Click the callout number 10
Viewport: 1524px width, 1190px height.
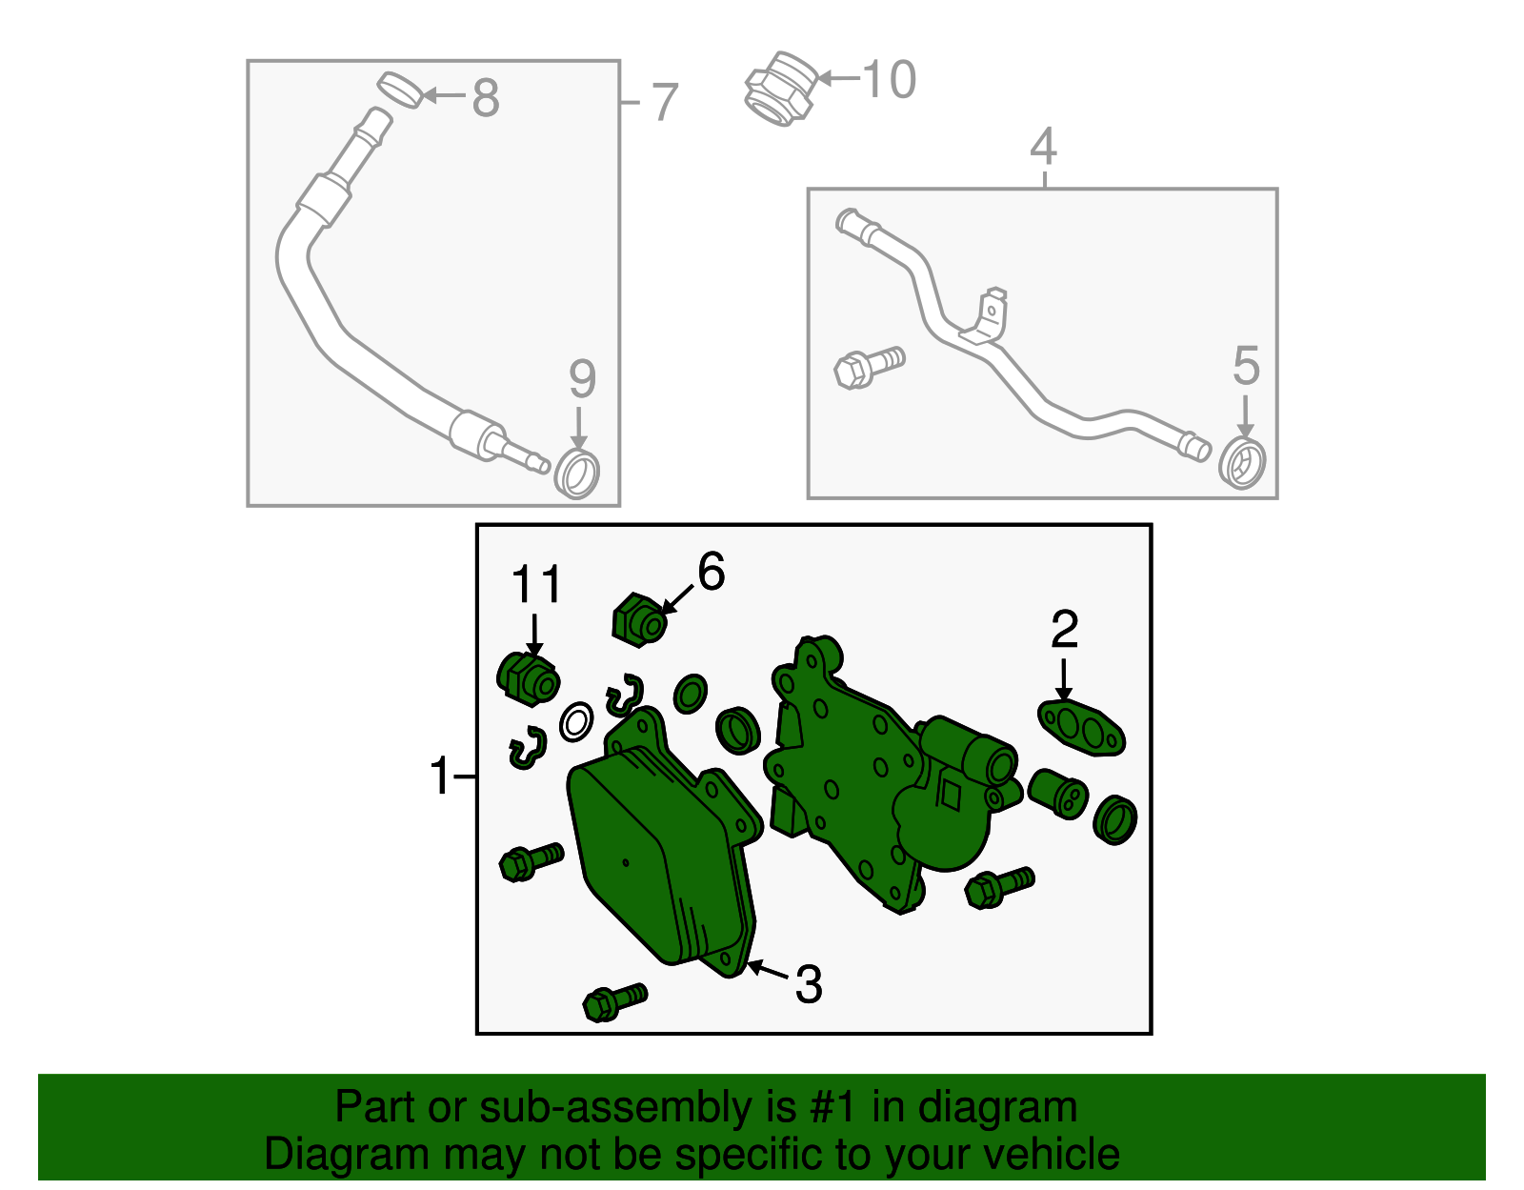[x=889, y=79]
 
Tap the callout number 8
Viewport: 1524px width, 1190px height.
[x=486, y=98]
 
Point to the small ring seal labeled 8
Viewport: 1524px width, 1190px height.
[x=400, y=90]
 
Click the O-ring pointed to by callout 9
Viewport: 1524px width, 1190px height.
[x=576, y=474]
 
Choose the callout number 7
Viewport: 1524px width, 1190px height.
[x=665, y=102]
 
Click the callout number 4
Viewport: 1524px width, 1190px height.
[x=1044, y=146]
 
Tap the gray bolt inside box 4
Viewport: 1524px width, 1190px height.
[x=870, y=367]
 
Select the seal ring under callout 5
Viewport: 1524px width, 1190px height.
[x=1242, y=463]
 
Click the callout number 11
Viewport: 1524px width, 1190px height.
[x=536, y=584]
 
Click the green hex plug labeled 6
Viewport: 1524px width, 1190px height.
[x=639, y=620]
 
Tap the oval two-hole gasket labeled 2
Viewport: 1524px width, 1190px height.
[x=1081, y=728]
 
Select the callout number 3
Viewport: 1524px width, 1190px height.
[x=808, y=984]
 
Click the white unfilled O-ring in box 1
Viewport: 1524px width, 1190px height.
[x=576, y=722]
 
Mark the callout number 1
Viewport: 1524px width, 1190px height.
[x=440, y=777]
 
